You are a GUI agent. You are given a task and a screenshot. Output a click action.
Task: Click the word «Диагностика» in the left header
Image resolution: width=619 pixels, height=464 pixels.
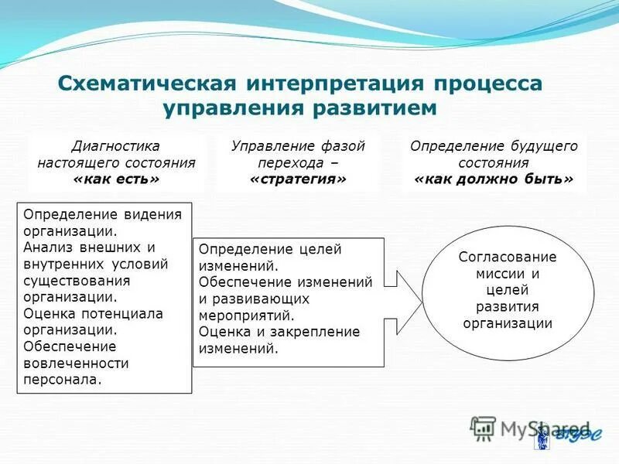tap(116, 146)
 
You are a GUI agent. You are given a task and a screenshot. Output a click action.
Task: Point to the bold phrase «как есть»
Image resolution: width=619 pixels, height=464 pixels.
tap(116, 179)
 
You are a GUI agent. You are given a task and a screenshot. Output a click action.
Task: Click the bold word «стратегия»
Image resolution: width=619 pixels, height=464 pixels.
tap(298, 179)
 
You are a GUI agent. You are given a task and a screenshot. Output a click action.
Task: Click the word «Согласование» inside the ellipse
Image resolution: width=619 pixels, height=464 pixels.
tap(508, 257)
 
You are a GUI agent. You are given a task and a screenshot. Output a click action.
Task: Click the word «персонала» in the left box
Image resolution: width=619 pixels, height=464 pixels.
tap(63, 379)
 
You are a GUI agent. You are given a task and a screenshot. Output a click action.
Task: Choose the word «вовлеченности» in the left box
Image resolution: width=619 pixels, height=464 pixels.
tap(76, 363)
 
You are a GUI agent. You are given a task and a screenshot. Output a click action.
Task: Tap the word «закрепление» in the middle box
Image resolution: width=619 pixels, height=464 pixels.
tap(313, 332)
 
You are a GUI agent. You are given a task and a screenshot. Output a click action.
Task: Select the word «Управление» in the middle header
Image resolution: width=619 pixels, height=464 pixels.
tap(275, 146)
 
